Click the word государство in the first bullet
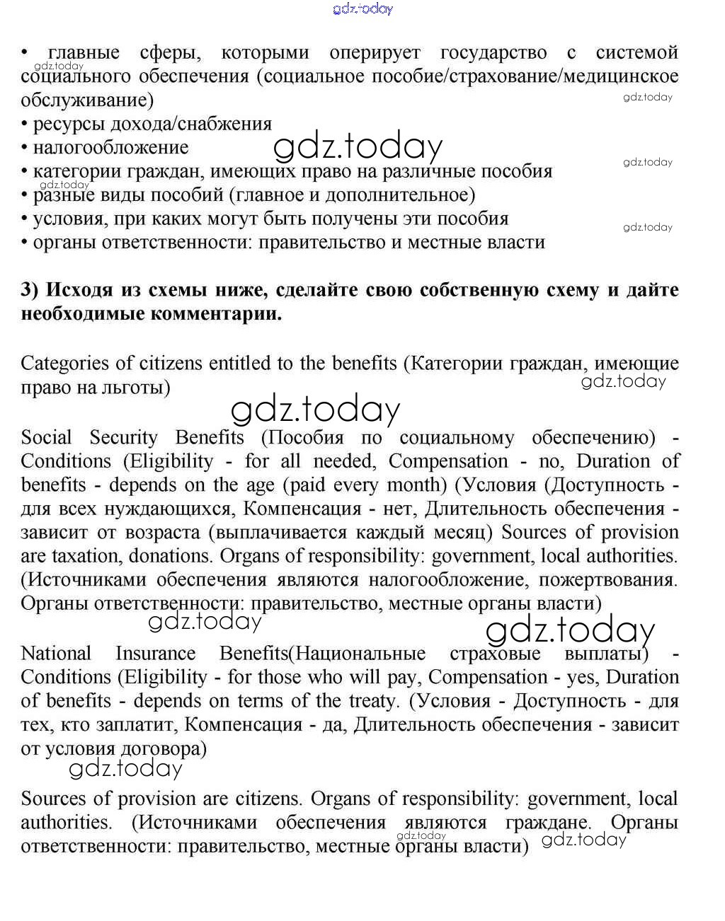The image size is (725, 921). click(x=493, y=53)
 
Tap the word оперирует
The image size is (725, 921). click(x=375, y=53)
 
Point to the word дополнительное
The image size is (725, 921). click(x=410, y=195)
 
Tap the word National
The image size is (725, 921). click(x=56, y=654)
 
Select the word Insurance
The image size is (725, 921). click(x=156, y=654)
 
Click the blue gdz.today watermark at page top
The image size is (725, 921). click(x=362, y=9)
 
